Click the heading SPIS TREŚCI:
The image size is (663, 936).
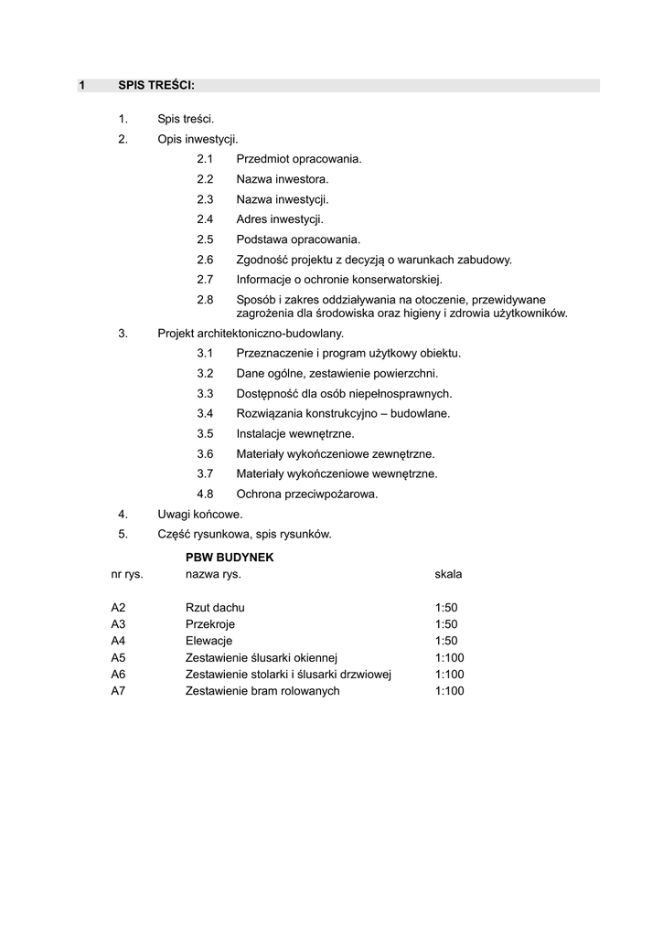(156, 86)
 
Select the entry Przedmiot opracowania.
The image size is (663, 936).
(299, 159)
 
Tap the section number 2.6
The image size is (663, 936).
(205, 260)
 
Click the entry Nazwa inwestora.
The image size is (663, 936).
(282, 179)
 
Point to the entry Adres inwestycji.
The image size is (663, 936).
(280, 219)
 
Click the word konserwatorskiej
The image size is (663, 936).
(399, 280)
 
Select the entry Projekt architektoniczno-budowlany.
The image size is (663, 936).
(251, 334)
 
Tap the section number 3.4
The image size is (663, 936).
(205, 413)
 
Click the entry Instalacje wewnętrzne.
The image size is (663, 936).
(294, 433)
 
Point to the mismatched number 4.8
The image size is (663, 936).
(205, 494)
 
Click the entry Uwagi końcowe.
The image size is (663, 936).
(200, 514)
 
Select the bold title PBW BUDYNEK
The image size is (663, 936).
(230, 557)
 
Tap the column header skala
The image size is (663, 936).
(449, 574)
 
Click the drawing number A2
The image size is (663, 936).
(118, 608)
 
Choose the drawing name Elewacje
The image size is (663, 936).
(209, 641)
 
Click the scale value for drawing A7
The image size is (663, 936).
(450, 691)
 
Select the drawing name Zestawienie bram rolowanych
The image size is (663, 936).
(262, 691)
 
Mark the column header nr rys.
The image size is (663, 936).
(127, 574)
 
